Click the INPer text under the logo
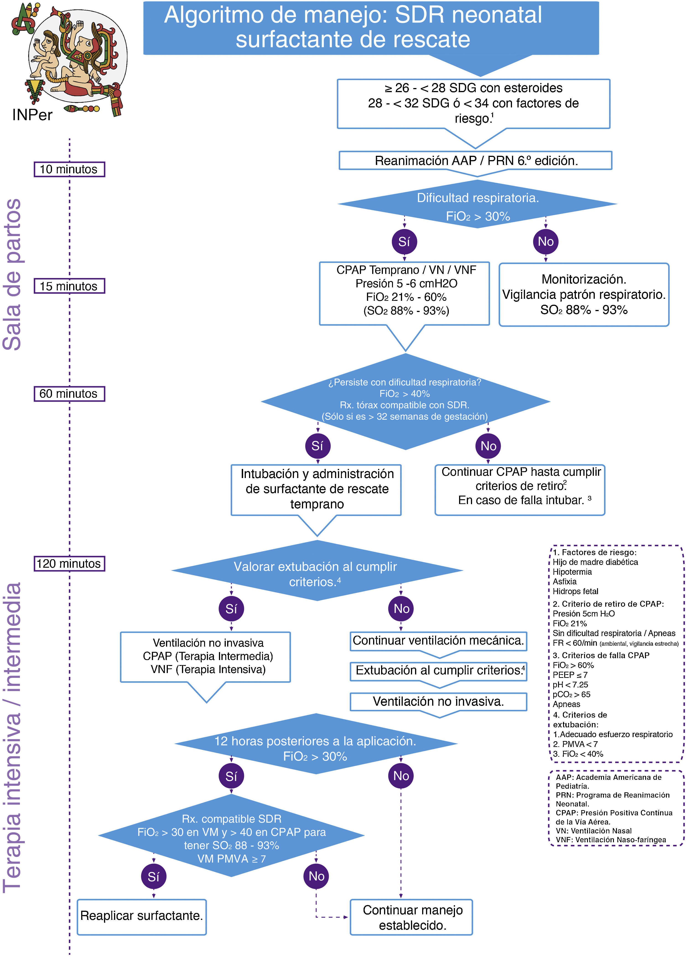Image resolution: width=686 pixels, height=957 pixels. [x=32, y=115]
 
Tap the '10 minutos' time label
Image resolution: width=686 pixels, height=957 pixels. [x=69, y=169]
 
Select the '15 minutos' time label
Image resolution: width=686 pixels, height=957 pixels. [x=69, y=286]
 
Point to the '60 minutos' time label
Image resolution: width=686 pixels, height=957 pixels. [x=69, y=394]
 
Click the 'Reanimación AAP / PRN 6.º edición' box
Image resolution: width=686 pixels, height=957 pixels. [x=476, y=161]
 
